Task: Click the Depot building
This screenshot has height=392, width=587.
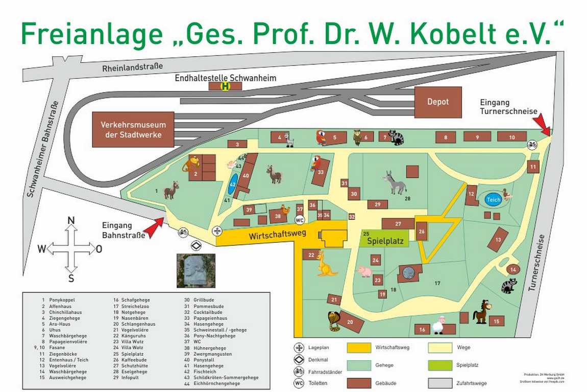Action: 437,102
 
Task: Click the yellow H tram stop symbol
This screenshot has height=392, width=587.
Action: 225,86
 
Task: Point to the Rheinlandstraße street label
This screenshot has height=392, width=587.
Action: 133,67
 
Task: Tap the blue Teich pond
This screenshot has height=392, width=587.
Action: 493,199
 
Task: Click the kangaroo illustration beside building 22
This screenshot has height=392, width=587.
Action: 326,263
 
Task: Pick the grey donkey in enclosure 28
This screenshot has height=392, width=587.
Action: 395,182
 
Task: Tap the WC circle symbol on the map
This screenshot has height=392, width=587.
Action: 300,220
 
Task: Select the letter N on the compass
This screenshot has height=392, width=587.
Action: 71,221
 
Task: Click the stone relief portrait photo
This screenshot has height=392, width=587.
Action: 195,271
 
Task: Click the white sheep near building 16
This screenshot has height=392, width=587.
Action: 438,325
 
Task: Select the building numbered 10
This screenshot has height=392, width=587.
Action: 511,136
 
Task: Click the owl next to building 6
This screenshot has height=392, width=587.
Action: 357,136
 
